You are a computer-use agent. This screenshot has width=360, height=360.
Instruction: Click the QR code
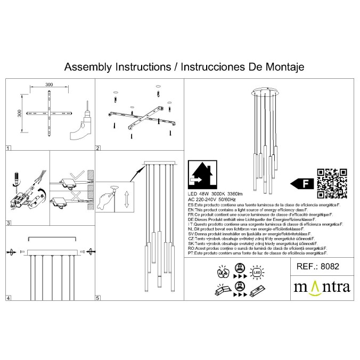click(332, 183)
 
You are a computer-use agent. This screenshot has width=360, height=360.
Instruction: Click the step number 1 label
click(8, 149)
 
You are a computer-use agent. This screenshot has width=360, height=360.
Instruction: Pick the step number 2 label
click(98, 149)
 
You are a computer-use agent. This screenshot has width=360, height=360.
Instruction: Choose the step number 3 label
click(8, 223)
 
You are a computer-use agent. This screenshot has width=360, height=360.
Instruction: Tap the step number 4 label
click(8, 298)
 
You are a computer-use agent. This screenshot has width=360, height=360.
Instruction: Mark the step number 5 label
click(98, 298)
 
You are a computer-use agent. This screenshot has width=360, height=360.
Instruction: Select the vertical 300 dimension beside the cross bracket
click(20, 114)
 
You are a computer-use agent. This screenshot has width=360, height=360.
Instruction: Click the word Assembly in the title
click(85, 68)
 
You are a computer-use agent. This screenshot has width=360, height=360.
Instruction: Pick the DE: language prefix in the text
click(192, 218)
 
